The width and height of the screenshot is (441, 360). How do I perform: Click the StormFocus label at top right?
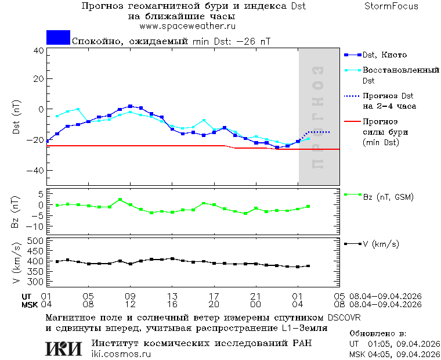click(392, 6)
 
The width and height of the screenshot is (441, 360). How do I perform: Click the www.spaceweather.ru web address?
click(187, 26)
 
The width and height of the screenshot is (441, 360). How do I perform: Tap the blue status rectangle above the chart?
click(58, 37)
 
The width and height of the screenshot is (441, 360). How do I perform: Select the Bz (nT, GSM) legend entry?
click(388, 197)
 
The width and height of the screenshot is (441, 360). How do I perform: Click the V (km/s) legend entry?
click(381, 244)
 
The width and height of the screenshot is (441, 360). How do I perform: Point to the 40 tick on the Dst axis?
click(39, 51)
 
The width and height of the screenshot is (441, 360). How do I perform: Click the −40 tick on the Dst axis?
click(36, 171)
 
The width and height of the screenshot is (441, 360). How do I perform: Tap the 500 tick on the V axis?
click(37, 241)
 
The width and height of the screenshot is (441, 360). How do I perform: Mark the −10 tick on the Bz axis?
click(36, 226)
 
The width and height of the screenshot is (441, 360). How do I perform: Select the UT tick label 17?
click(214, 296)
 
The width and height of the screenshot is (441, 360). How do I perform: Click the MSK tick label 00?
click(256, 304)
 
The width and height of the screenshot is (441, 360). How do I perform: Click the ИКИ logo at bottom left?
click(63, 348)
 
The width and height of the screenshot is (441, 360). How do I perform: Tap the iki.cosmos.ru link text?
click(121, 354)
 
